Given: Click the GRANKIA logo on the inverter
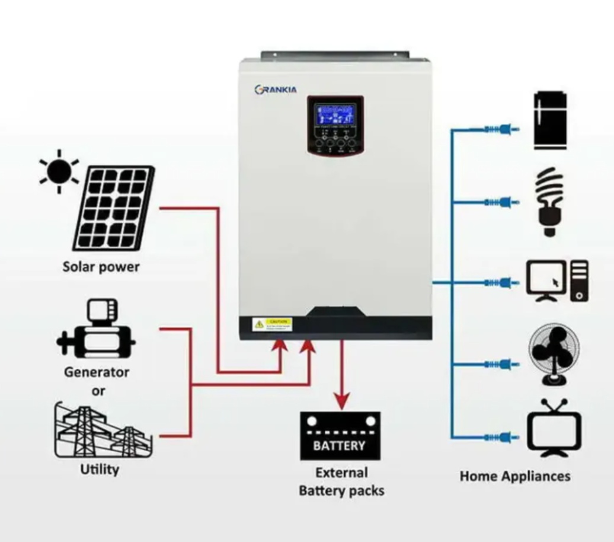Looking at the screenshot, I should (x=276, y=90).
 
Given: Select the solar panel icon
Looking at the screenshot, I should (x=114, y=208).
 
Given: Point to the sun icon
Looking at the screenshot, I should (x=59, y=171).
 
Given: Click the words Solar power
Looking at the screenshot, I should (x=101, y=267).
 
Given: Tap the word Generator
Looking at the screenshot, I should (x=97, y=372).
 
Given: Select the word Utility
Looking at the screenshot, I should (x=100, y=469).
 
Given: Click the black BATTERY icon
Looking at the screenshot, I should (x=340, y=436).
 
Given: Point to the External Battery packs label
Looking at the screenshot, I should (x=341, y=482).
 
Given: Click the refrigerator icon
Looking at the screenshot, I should (x=551, y=120).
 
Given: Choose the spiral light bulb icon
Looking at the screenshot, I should (x=549, y=202).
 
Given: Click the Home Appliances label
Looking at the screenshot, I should (x=514, y=476).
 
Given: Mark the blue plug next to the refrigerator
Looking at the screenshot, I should (x=503, y=129).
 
